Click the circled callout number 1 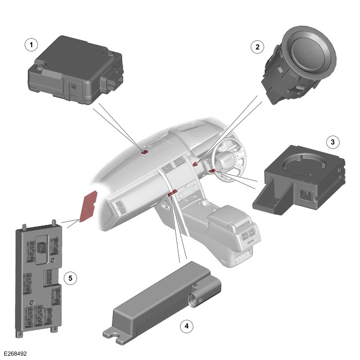[x=32, y=45]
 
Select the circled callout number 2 [x=257, y=47]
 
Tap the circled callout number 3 [x=333, y=142]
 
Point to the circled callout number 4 [x=186, y=326]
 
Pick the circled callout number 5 [x=70, y=278]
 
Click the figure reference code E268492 [x=16, y=354]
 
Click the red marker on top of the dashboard [x=145, y=152]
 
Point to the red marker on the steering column [x=212, y=170]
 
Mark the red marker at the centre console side [x=172, y=193]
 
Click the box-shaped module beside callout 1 [x=76, y=70]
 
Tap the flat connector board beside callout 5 [x=39, y=278]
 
